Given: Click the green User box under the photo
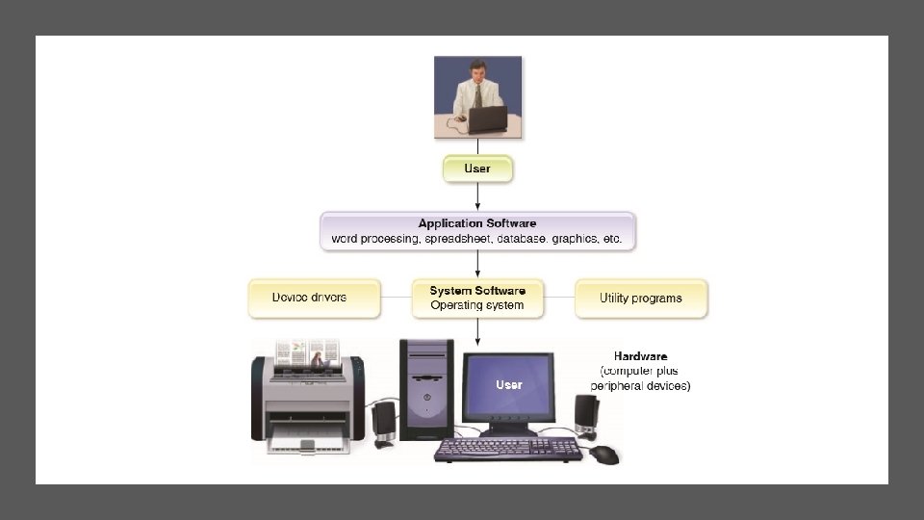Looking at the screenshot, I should point(477,169).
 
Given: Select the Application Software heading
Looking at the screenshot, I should point(477,223).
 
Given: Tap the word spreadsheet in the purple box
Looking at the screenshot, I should point(454,238).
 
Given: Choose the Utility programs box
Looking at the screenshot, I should point(641,299).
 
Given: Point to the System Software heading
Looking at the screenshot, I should point(477,291).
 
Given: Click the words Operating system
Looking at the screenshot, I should point(477,306).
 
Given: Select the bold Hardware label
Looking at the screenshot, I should point(640,356).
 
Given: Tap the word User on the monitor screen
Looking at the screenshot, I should point(509,385).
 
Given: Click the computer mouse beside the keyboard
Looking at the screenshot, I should point(604,454).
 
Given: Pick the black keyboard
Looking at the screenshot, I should point(507,449).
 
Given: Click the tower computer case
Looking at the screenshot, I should point(426,389).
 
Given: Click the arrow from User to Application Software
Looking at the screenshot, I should point(477,196).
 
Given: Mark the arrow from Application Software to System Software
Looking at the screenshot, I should point(477,266).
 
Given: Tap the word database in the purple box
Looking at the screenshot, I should point(521,238).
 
